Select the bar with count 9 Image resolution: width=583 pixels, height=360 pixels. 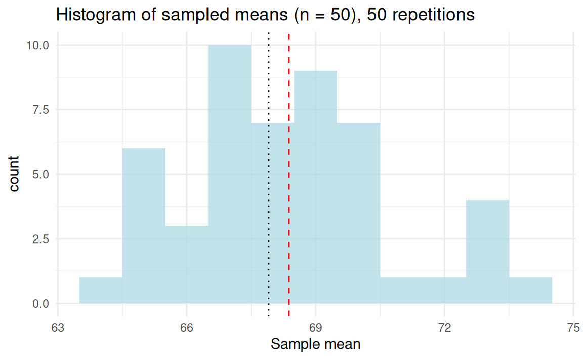pos(315,187)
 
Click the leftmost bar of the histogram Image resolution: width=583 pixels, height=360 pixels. pos(101,291)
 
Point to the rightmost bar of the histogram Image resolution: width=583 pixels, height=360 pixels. pos(530,291)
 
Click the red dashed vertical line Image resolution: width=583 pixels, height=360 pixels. pos(289,203)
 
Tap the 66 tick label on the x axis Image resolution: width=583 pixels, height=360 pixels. pos(187,327)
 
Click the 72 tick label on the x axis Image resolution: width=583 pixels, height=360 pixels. pos(444,327)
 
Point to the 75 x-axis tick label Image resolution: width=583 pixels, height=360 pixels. pos(573,327)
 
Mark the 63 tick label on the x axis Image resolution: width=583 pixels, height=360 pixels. pos(58,327)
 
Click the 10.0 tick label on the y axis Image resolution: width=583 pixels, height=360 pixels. pos(38,45)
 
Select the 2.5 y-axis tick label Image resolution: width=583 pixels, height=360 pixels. pos(40,239)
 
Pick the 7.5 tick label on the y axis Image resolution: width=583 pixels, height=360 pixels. pos(40,110)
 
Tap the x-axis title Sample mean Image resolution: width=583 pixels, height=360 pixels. pos(316,345)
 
